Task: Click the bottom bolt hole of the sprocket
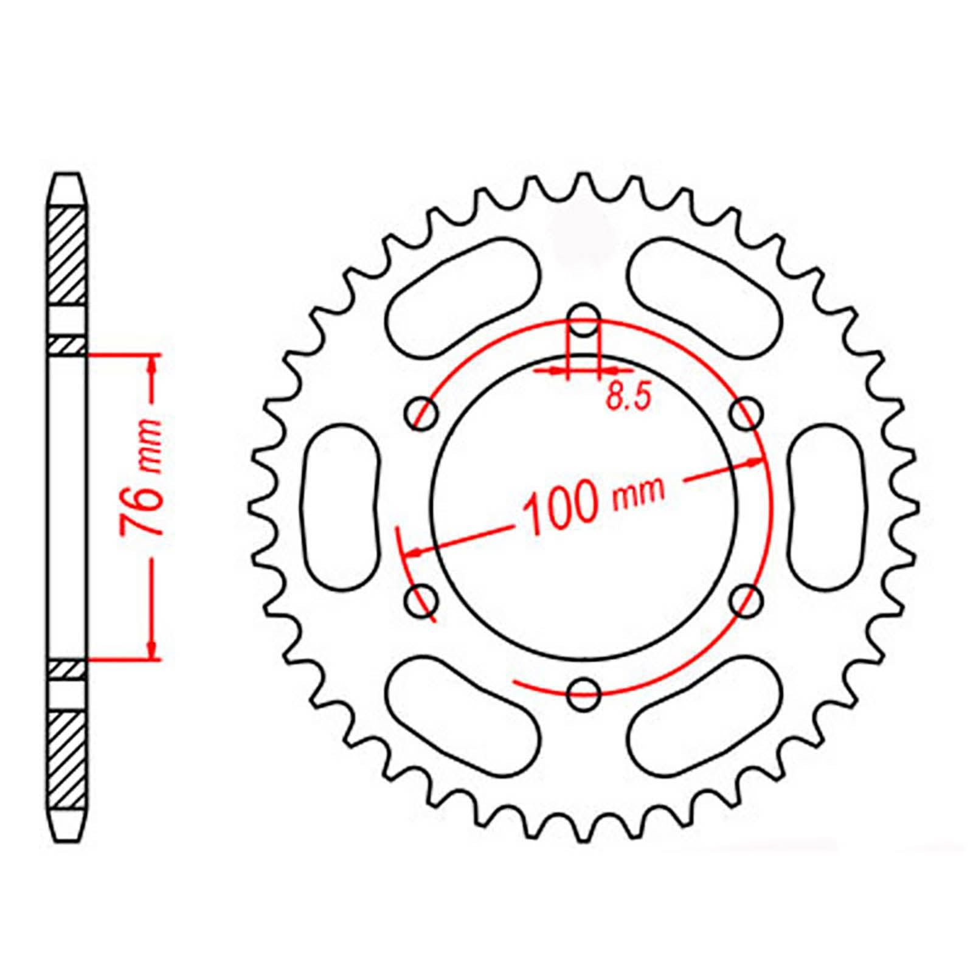pyautogui.click(x=584, y=693)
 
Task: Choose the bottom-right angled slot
pyautogui.click(x=705, y=718)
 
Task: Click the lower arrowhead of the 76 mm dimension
pyautogui.click(x=151, y=650)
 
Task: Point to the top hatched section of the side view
pyautogui.click(x=66, y=255)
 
